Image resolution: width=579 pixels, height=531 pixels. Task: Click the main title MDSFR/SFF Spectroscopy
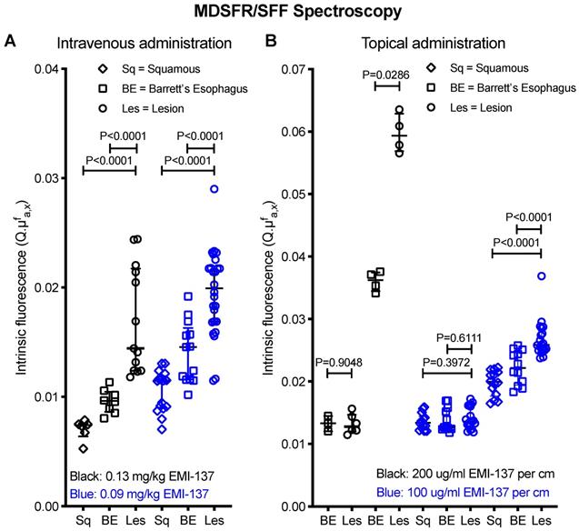(x=289, y=12)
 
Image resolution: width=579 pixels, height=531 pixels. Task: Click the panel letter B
(x=270, y=41)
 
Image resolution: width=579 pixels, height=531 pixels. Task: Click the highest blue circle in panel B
(x=542, y=276)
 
